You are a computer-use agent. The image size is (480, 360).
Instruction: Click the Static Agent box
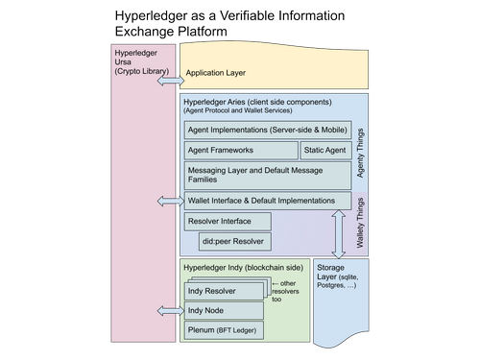tap(324, 151)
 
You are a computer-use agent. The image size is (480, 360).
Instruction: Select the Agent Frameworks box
tap(240, 151)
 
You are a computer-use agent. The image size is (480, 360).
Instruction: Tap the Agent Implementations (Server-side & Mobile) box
tap(267, 130)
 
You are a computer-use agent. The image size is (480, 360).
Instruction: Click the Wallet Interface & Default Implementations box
tap(267, 201)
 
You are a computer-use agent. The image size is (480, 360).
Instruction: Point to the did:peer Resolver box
tap(234, 242)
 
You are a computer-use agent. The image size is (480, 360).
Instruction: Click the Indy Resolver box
tap(224, 290)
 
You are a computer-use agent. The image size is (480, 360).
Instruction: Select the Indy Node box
tap(224, 311)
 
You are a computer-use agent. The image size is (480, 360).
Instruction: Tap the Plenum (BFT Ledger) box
tap(224, 331)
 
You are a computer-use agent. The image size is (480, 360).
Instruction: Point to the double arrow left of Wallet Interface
tap(169, 201)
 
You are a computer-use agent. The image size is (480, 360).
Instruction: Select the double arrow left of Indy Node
tap(169, 311)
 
